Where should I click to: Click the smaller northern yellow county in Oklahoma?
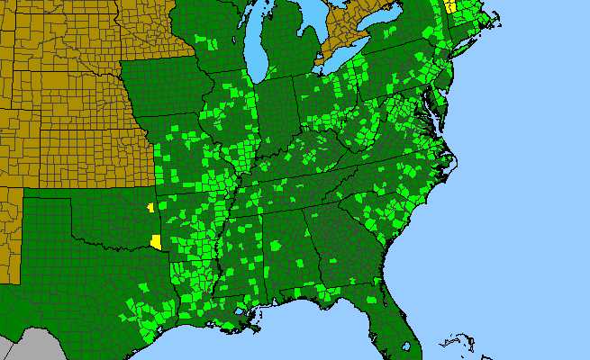click(x=150, y=208)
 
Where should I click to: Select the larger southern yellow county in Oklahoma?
click(x=157, y=242)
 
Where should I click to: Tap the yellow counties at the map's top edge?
click(x=449, y=7)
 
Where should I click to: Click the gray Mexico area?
click(x=27, y=346)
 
